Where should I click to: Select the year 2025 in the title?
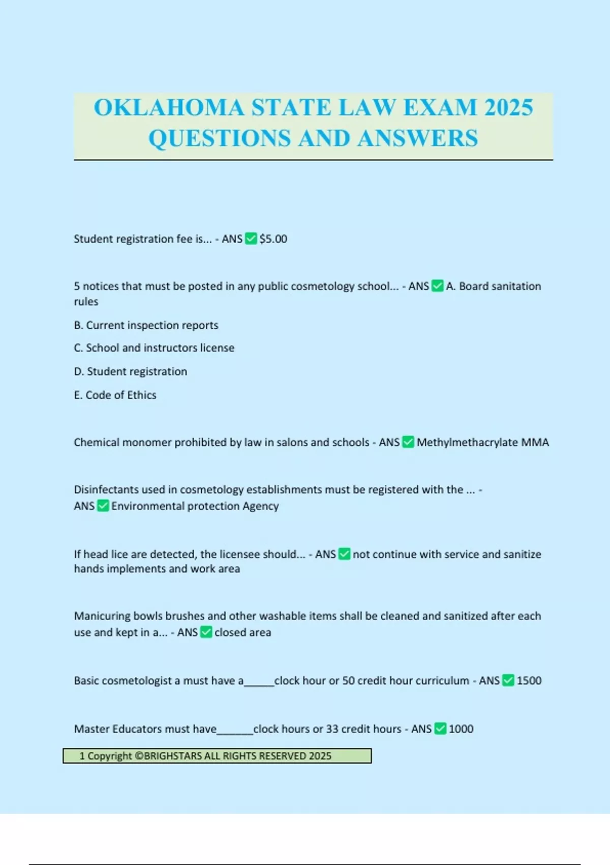(508, 108)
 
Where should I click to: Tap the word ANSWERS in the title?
(417, 138)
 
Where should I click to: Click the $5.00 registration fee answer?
(273, 239)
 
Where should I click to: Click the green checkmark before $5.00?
(251, 239)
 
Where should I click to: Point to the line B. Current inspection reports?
(146, 325)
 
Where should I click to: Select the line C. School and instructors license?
(154, 348)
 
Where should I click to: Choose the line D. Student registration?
(131, 371)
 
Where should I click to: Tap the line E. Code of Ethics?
(115, 395)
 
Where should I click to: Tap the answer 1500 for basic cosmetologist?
(529, 681)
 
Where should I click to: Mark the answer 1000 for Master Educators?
(461, 729)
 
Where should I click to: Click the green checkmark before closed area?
(206, 632)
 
